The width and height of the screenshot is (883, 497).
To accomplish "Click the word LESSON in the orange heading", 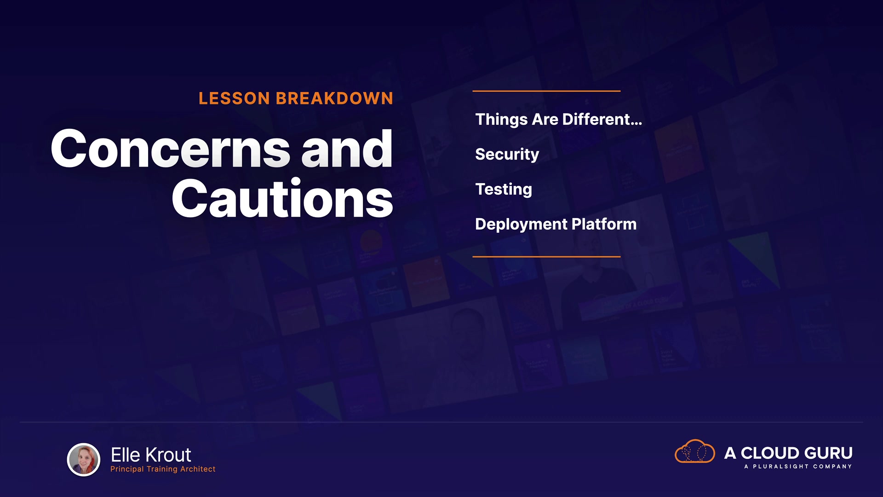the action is [x=234, y=98].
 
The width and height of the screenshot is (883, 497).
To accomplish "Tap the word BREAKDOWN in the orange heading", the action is [x=334, y=98].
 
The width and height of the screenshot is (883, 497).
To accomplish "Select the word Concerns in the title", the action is [x=171, y=149].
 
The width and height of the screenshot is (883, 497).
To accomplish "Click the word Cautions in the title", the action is [x=282, y=198].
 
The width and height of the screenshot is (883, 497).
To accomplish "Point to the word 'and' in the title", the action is [x=347, y=149].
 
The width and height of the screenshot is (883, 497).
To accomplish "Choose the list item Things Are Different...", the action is [x=558, y=119].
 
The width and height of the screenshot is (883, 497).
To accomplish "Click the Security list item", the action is [x=507, y=155].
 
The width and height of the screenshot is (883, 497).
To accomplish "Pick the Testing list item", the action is [x=504, y=190].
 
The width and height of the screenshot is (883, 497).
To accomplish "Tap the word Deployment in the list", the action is [x=521, y=225].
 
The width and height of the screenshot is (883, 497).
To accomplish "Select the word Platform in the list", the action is [x=604, y=224].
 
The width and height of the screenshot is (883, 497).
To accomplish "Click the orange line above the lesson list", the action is [x=546, y=91].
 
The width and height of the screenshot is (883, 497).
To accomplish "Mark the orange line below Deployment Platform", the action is [x=546, y=257].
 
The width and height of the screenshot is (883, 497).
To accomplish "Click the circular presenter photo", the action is [x=84, y=460].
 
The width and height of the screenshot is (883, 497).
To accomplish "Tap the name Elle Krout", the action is [x=151, y=455].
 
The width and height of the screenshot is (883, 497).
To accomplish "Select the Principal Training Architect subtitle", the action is [x=163, y=469].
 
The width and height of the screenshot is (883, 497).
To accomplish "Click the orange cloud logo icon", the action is [x=694, y=451].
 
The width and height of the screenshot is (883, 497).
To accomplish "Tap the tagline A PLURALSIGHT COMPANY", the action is [x=798, y=467].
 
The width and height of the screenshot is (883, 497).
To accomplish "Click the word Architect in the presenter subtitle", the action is [x=198, y=469].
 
